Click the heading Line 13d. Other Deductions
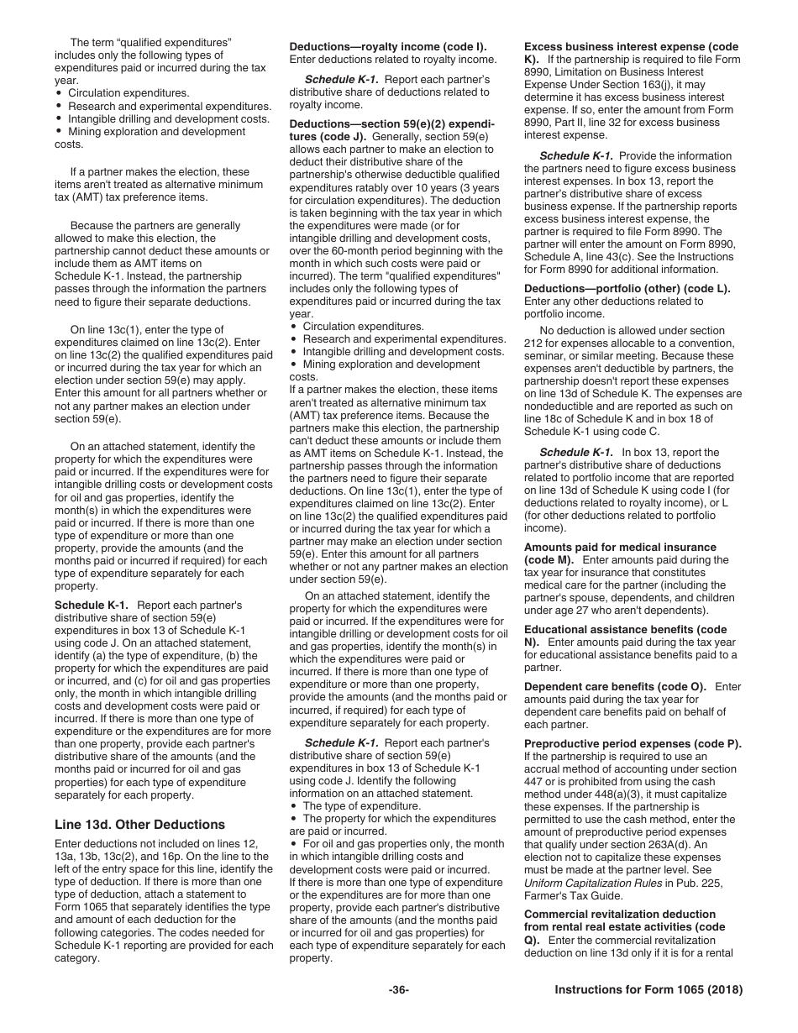pos(139,824)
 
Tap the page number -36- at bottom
pos(399,990)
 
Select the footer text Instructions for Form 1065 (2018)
pos(648,990)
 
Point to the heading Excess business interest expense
pos(630,46)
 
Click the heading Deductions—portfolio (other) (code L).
pos(627,288)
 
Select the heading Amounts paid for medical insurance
pos(620,547)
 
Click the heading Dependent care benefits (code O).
pos(615,686)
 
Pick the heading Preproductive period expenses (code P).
pos(633,743)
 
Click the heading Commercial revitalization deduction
pos(620,914)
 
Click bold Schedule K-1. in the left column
pos(92,605)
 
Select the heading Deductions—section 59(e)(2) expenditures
pos(391,123)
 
